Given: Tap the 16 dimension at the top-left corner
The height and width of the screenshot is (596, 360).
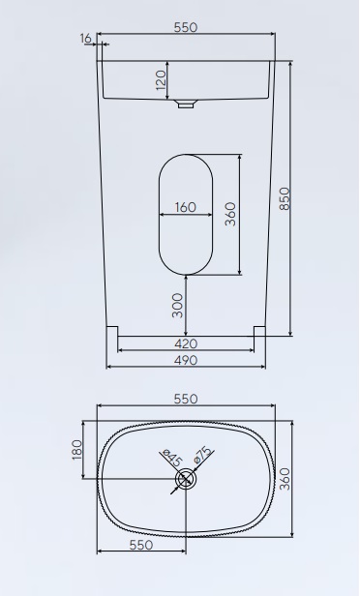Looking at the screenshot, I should (x=87, y=37).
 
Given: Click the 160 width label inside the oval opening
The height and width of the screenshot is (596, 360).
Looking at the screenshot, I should (x=185, y=207).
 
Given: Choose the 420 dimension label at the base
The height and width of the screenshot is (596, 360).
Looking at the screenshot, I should (x=186, y=343).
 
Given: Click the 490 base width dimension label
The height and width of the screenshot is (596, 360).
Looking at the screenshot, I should (x=186, y=360).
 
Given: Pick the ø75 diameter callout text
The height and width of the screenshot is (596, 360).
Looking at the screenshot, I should (x=203, y=455).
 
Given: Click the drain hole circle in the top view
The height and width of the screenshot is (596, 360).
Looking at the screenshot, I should (x=185, y=478).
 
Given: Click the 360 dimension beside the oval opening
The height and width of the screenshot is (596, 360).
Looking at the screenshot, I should (x=230, y=214).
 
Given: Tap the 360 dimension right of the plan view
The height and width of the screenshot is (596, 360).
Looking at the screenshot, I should (x=285, y=478).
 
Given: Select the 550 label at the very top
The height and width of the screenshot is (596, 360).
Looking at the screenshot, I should (x=186, y=28).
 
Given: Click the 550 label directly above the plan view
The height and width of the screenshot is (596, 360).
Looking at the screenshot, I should (x=186, y=399).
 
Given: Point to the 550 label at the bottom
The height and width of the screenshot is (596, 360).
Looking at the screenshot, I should (x=141, y=546).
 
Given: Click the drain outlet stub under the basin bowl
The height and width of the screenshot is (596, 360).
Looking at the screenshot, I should (x=186, y=104).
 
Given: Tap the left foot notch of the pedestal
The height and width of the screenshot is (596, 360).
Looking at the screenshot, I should (x=111, y=331).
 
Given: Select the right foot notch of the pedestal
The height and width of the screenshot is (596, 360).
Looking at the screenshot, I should (x=259, y=331).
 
